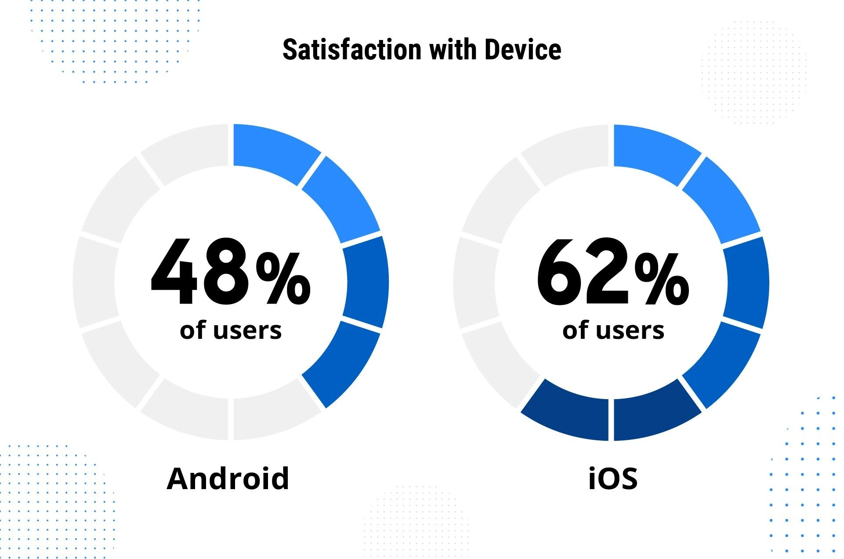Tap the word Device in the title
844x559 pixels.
pos(523,49)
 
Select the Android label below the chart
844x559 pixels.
pos(228,478)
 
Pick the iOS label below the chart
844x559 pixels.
pos(613,478)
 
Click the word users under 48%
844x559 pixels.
pos(247,330)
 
